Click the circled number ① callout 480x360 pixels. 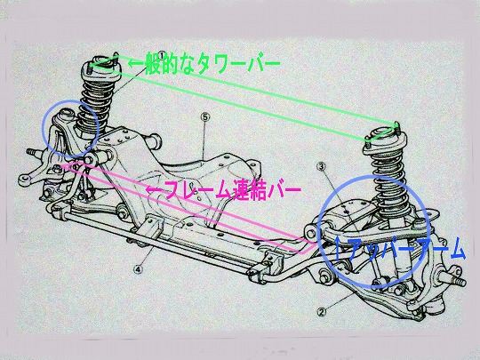pyautogui.click(x=162, y=55)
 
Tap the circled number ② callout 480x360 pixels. pyautogui.click(x=321, y=312)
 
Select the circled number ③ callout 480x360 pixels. pyautogui.click(x=322, y=166)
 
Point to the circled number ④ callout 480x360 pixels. pyautogui.click(x=138, y=269)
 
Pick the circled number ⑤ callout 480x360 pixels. pyautogui.click(x=205, y=116)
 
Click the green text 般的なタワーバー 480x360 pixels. pyautogui.click(x=212, y=64)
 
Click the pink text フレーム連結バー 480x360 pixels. pyautogui.click(x=232, y=190)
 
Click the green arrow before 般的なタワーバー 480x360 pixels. pyautogui.click(x=135, y=64)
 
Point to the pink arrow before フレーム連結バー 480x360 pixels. pyautogui.click(x=154, y=190)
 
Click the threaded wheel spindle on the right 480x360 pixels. pyautogui.click(x=454, y=279)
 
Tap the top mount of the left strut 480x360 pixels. pyautogui.click(x=101, y=65)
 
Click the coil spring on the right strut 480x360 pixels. pyautogui.click(x=388, y=180)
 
